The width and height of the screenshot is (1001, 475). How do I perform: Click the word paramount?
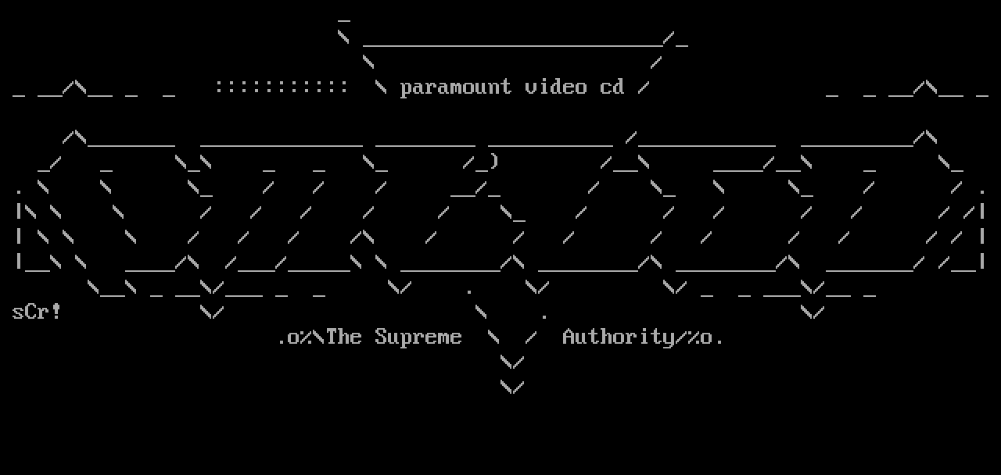[x=455, y=87]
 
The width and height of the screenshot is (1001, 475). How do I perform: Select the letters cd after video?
[x=612, y=87]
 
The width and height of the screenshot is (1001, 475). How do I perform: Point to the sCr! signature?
[x=37, y=312]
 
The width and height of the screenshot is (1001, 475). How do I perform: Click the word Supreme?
[x=418, y=337]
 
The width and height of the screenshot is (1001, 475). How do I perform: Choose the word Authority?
[x=618, y=337]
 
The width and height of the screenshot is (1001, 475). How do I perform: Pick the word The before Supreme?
[x=343, y=337]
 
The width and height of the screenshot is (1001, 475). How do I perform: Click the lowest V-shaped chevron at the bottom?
[x=511, y=387]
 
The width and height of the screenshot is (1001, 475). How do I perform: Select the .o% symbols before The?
[x=294, y=338]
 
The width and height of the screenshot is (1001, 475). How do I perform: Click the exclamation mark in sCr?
[x=56, y=312]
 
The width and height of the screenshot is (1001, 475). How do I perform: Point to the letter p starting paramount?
[x=406, y=88]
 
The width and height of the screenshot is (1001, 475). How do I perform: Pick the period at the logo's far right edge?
[x=982, y=191]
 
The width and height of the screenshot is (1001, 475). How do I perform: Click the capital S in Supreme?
[x=381, y=337]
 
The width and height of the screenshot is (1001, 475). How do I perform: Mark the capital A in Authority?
[x=569, y=337]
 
